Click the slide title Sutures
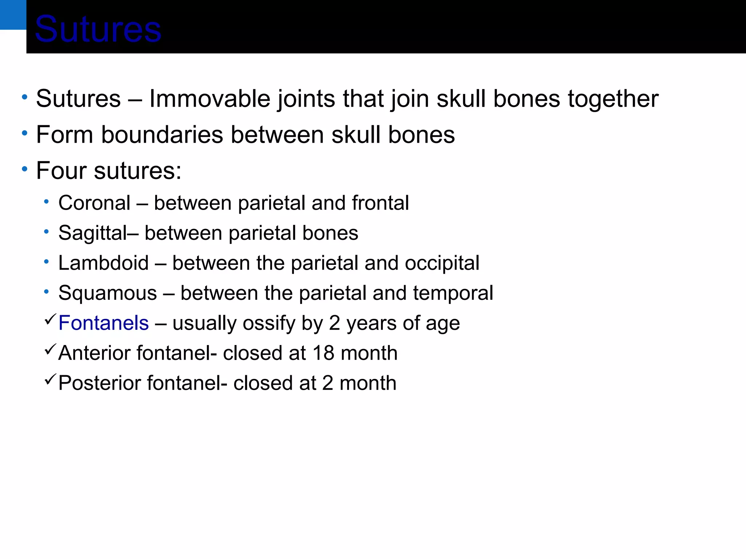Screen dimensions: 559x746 coord(98,29)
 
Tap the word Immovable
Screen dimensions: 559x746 coord(209,99)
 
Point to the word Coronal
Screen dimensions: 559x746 coord(94,203)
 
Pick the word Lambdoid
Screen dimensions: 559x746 coord(103,263)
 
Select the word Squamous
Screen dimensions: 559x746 coord(107,293)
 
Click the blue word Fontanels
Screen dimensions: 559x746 coord(103,323)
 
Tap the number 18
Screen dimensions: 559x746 coord(323,353)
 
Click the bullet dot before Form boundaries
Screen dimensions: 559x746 coord(24,133)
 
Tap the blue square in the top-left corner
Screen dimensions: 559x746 coord(13,15)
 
